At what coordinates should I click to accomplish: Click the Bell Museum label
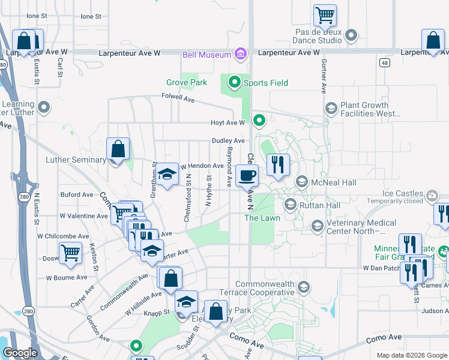(207, 55)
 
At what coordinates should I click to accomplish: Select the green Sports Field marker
(234, 83)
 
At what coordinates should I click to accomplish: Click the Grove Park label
(186, 83)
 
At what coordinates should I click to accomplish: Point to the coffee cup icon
(247, 176)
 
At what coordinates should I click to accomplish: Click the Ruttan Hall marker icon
(290, 205)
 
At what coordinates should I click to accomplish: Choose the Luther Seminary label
(75, 160)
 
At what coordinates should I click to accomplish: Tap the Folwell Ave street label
(178, 97)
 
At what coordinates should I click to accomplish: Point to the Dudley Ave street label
(228, 141)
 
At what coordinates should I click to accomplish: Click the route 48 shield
(383, 62)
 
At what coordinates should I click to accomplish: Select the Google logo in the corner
(20, 353)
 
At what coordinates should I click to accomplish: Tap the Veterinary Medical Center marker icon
(316, 226)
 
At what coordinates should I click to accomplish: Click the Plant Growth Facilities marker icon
(330, 109)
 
